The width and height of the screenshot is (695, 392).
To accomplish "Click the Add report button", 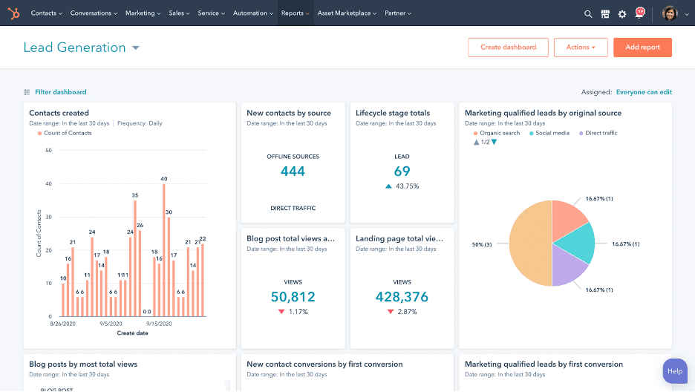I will coord(642,48).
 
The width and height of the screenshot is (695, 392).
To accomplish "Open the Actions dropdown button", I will coord(581,48).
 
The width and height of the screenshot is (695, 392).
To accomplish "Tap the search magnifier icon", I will coord(588,14).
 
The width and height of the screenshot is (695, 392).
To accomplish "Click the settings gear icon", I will coord(622,14).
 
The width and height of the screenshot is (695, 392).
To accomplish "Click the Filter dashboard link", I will coord(60,92).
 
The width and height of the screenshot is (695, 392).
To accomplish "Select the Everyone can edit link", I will coord(644,92).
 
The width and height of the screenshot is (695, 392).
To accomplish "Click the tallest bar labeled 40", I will coord(163,249).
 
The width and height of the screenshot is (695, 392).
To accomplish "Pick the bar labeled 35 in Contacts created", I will coord(134,258).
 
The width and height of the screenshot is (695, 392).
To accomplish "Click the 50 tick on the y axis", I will coord(48,150).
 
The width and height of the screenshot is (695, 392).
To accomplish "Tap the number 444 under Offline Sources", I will coord(293,171).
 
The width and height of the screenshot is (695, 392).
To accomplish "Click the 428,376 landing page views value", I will coord(402,297).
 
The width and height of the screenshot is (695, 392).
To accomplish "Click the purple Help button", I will coord(674,371).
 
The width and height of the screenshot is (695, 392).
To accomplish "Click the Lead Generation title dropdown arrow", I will coord(136,48).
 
